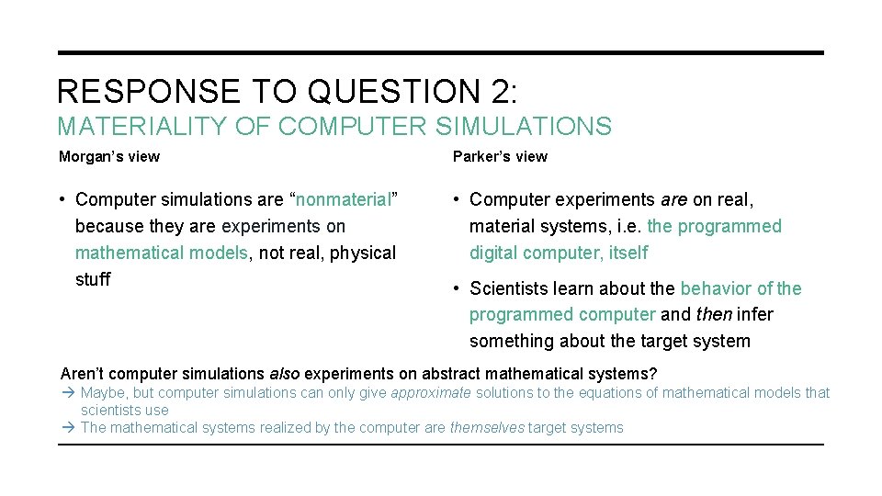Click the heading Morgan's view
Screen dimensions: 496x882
pyautogui.click(x=109, y=156)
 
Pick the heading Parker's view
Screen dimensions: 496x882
pyautogui.click(x=500, y=156)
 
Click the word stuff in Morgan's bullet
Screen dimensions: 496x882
pyautogui.click(x=93, y=279)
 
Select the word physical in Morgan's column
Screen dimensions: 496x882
pyautogui.click(x=363, y=253)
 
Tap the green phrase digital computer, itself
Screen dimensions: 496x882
pyautogui.click(x=559, y=253)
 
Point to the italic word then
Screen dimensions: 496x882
pyautogui.click(x=714, y=315)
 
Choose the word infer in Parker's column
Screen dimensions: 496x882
pyautogui.click(x=754, y=315)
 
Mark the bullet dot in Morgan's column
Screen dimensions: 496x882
pyautogui.click(x=62, y=199)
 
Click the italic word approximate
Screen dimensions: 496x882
pyautogui.click(x=431, y=393)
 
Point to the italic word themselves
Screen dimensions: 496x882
pyautogui.click(x=487, y=427)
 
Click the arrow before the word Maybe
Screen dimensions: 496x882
pyautogui.click(x=68, y=393)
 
